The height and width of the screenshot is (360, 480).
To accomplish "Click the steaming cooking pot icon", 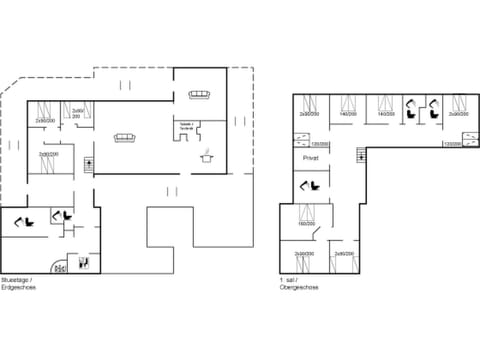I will pyautogui.click(x=208, y=154).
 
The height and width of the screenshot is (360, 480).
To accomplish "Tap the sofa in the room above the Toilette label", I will pyautogui.click(x=198, y=95).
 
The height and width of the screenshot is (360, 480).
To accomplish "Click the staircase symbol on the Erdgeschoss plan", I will pyautogui.click(x=91, y=163).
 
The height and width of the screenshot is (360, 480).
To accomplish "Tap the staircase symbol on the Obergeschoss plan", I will pyautogui.click(x=357, y=155).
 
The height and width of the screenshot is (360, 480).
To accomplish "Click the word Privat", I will pyautogui.click(x=311, y=158).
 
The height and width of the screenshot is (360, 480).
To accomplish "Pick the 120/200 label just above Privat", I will pyautogui.click(x=311, y=144).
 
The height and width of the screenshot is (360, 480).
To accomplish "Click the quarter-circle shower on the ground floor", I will pyautogui.click(x=59, y=267).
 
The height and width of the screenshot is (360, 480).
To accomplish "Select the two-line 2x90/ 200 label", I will pyautogui.click(x=77, y=114).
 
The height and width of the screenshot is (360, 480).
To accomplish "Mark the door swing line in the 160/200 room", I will pyautogui.click(x=317, y=233).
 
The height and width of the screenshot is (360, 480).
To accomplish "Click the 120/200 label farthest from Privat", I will pyautogui.click(x=452, y=144).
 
